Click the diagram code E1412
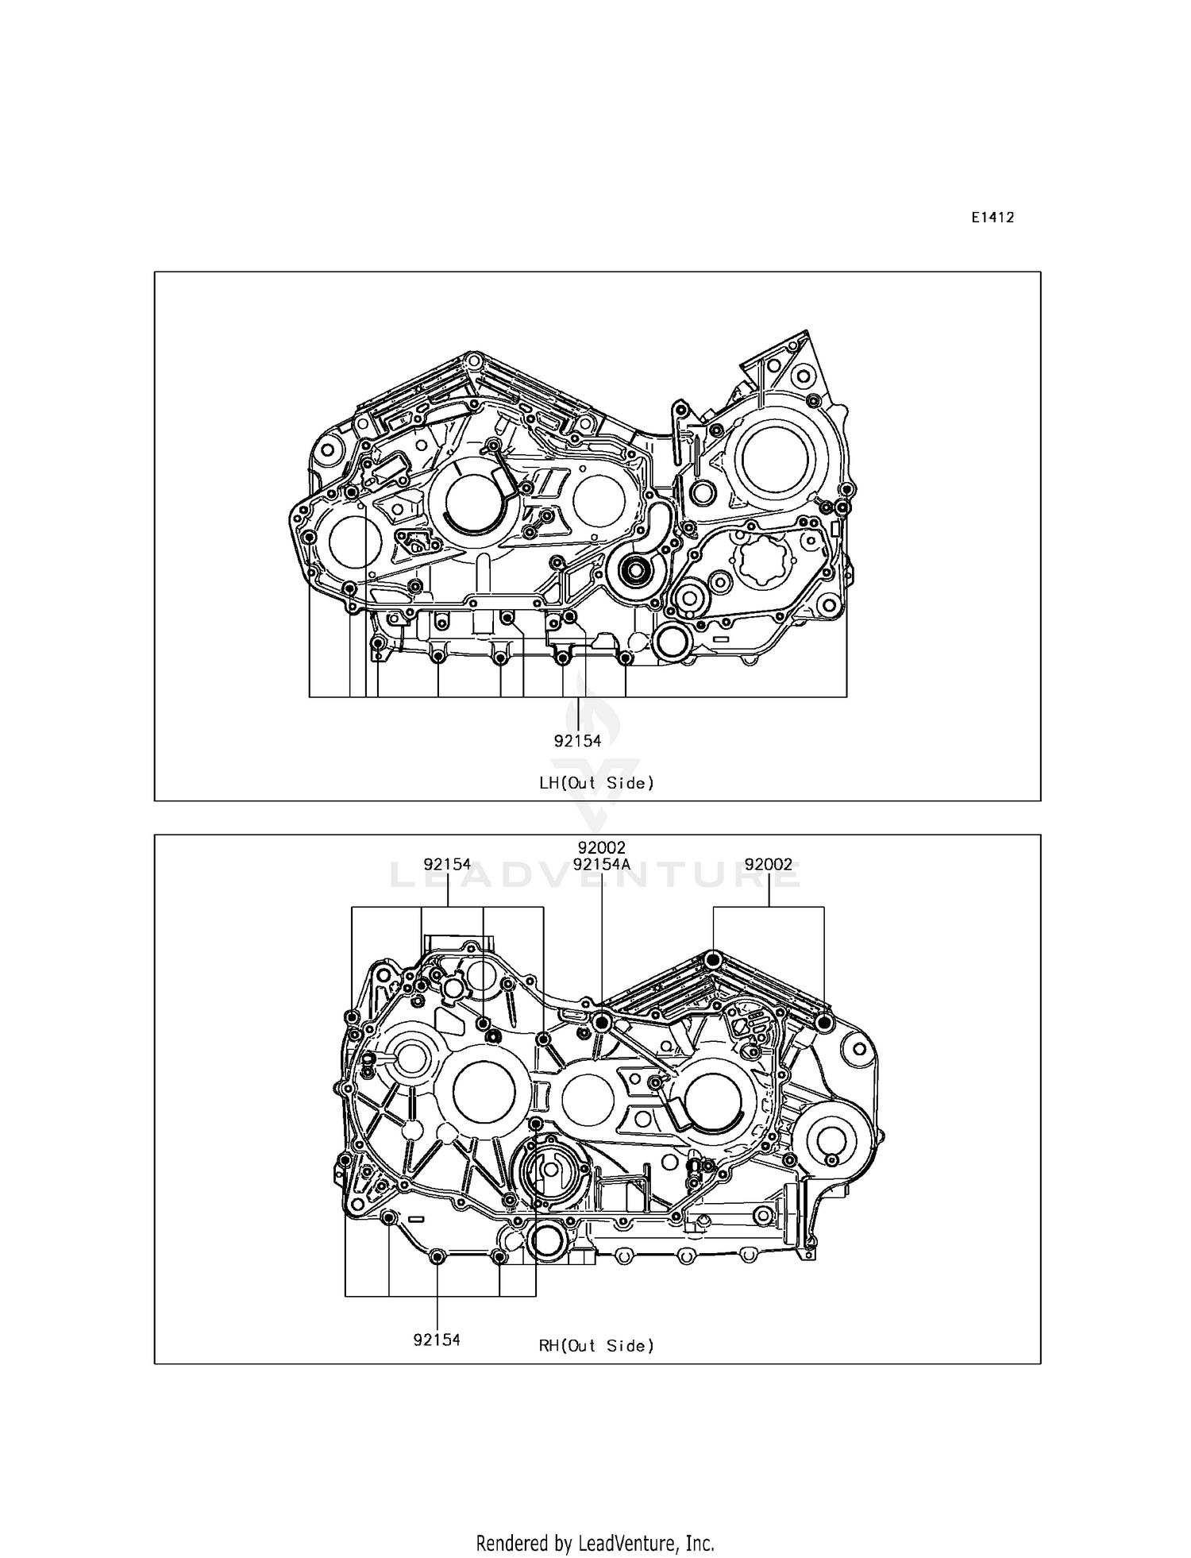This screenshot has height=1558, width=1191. (992, 218)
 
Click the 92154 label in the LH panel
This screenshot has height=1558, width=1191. (577, 741)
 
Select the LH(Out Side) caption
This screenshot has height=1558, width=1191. (596, 783)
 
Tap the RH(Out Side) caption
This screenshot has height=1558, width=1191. (596, 1345)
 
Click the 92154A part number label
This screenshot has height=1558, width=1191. (602, 864)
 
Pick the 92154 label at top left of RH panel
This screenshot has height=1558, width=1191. (447, 864)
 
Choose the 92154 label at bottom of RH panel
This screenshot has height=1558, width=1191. (437, 1340)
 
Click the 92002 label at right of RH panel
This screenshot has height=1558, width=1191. (769, 864)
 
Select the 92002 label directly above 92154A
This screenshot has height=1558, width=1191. (602, 848)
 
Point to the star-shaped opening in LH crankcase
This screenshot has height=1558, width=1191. (761, 560)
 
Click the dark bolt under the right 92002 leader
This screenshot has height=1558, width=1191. (823, 1022)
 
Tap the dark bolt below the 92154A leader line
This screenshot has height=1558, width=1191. (602, 1022)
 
